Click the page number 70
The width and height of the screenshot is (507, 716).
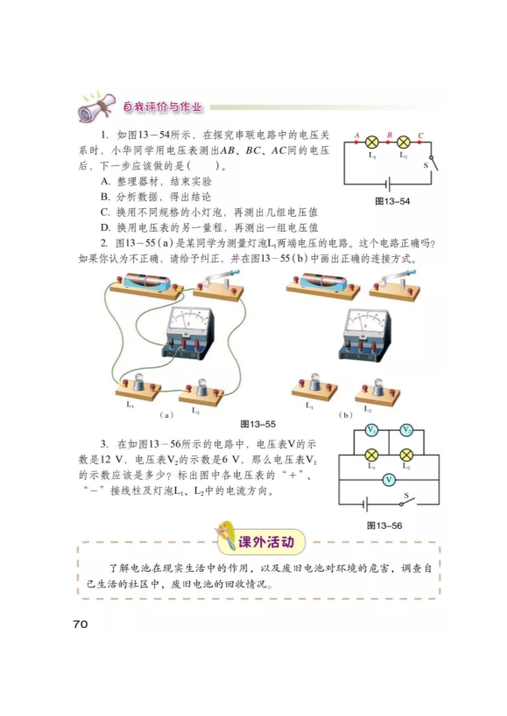(x=80, y=623)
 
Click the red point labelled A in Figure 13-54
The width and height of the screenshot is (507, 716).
(x=357, y=142)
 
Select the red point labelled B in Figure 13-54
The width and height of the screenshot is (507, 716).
(x=388, y=142)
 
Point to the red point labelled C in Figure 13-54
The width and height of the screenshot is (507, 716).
(x=419, y=142)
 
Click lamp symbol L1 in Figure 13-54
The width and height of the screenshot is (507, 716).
(x=371, y=142)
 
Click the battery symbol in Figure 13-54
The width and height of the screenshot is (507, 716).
(x=388, y=184)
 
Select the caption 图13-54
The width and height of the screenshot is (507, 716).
(x=392, y=201)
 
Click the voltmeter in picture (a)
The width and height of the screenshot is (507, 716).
(x=187, y=330)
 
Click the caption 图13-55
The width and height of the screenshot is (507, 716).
(x=257, y=424)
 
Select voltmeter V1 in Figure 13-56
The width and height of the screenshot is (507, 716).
(x=371, y=430)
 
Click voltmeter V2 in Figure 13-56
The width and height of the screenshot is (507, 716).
(x=406, y=430)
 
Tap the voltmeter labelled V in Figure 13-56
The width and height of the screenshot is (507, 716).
(x=389, y=480)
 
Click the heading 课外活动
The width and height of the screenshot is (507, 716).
(x=265, y=542)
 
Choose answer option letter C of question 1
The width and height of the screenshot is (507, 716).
(x=105, y=212)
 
